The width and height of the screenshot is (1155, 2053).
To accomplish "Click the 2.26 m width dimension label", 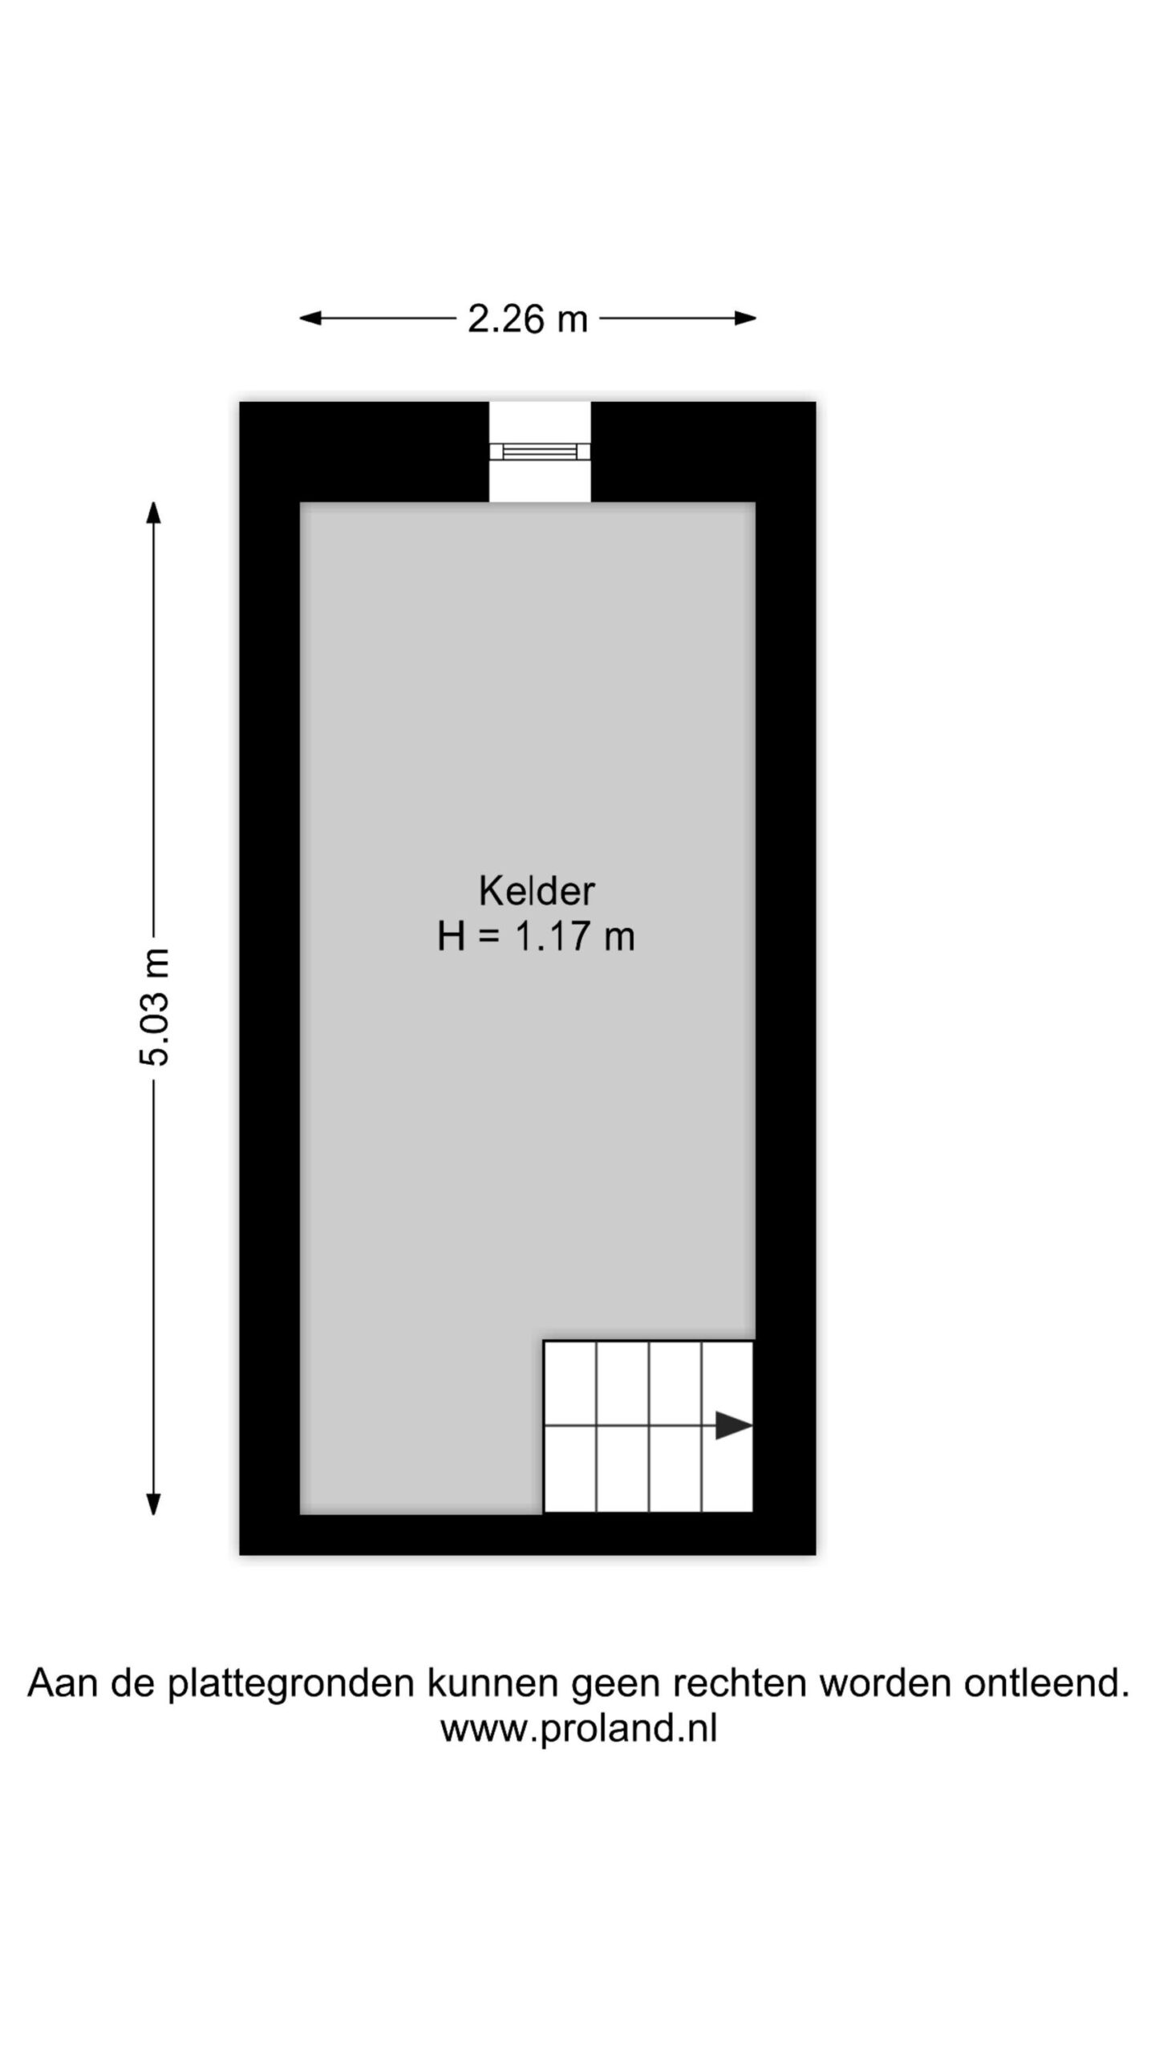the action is coord(528,319).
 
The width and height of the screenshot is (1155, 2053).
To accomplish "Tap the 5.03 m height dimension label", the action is coord(154,1006).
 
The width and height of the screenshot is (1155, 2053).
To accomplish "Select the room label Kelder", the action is coord(537,891).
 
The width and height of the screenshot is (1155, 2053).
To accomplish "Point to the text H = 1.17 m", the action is coord(536,937).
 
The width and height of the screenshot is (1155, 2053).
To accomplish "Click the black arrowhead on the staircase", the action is coord(733,1425).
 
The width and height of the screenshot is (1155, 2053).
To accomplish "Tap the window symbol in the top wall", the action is coord(540,451).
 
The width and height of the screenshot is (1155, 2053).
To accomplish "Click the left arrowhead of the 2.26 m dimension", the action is coord(310,318).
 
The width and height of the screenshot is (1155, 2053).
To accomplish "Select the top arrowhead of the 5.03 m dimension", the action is coord(154,512).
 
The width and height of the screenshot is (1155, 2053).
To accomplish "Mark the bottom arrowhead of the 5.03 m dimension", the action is coord(154,1504).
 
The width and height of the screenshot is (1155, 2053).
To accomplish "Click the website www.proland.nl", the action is coord(578,1728).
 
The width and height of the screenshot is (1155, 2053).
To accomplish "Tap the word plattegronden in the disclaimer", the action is coord(292,1683).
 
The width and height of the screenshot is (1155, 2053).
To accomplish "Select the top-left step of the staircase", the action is coord(570,1383).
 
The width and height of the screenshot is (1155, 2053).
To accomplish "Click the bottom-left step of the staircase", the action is coord(570,1468).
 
